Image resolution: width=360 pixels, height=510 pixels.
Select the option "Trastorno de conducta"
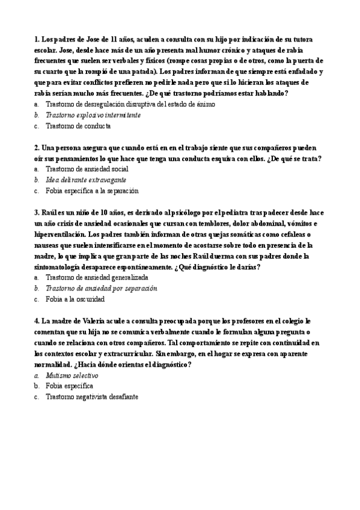pyautogui.click(x=78, y=126)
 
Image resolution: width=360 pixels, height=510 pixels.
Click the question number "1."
pyautogui.click(x=37, y=39)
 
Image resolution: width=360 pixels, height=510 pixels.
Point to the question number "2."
pyautogui.click(x=37, y=147)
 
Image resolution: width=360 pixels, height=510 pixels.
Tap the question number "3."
pyautogui.click(x=37, y=212)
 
